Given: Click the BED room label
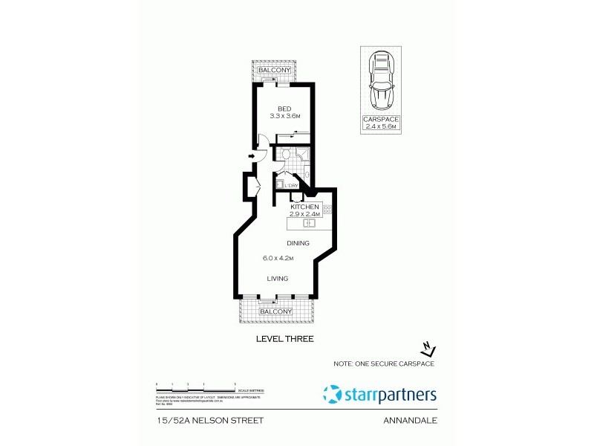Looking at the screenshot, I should [x=284, y=109].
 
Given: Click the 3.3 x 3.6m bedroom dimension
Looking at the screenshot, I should [x=284, y=117].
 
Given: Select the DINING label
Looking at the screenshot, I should [x=298, y=243].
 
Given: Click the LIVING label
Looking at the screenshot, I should [x=278, y=279].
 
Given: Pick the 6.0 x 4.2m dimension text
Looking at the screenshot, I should [x=279, y=259].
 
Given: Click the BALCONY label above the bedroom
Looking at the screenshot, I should [x=275, y=71].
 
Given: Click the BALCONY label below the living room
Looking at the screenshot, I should [x=275, y=311].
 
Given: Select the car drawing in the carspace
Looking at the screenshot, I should [x=380, y=80].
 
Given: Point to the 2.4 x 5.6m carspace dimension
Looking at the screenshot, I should [x=380, y=127].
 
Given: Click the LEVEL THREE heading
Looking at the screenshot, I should [x=284, y=339].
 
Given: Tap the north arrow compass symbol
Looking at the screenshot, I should [x=427, y=348].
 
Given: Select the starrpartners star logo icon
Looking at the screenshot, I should [x=334, y=394].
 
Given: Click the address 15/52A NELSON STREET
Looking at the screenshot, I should [x=210, y=420].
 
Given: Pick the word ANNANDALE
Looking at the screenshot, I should [x=409, y=420].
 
